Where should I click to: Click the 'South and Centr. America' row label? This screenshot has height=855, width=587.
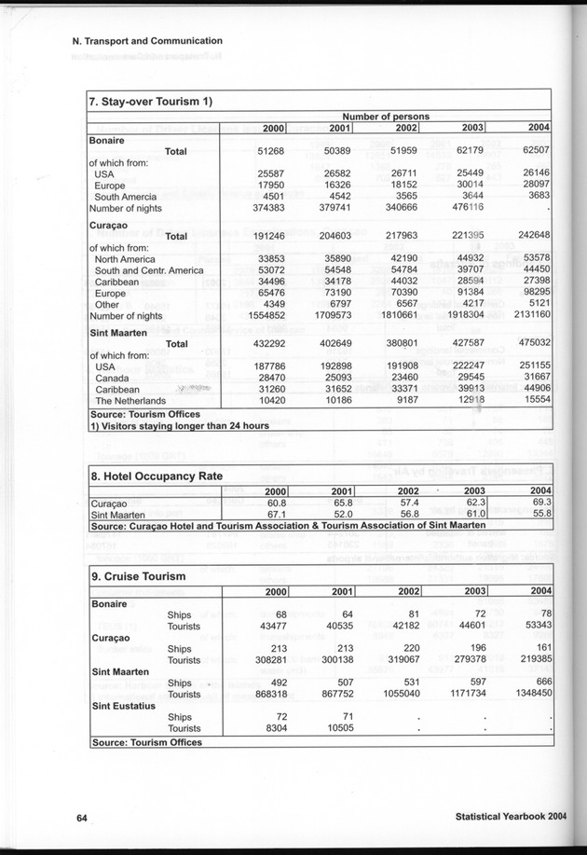(148, 270)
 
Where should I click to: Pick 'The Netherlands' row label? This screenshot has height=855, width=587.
(137, 400)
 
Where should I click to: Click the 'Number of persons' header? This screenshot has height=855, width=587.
(385, 116)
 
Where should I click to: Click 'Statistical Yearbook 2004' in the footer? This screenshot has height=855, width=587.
(512, 817)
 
